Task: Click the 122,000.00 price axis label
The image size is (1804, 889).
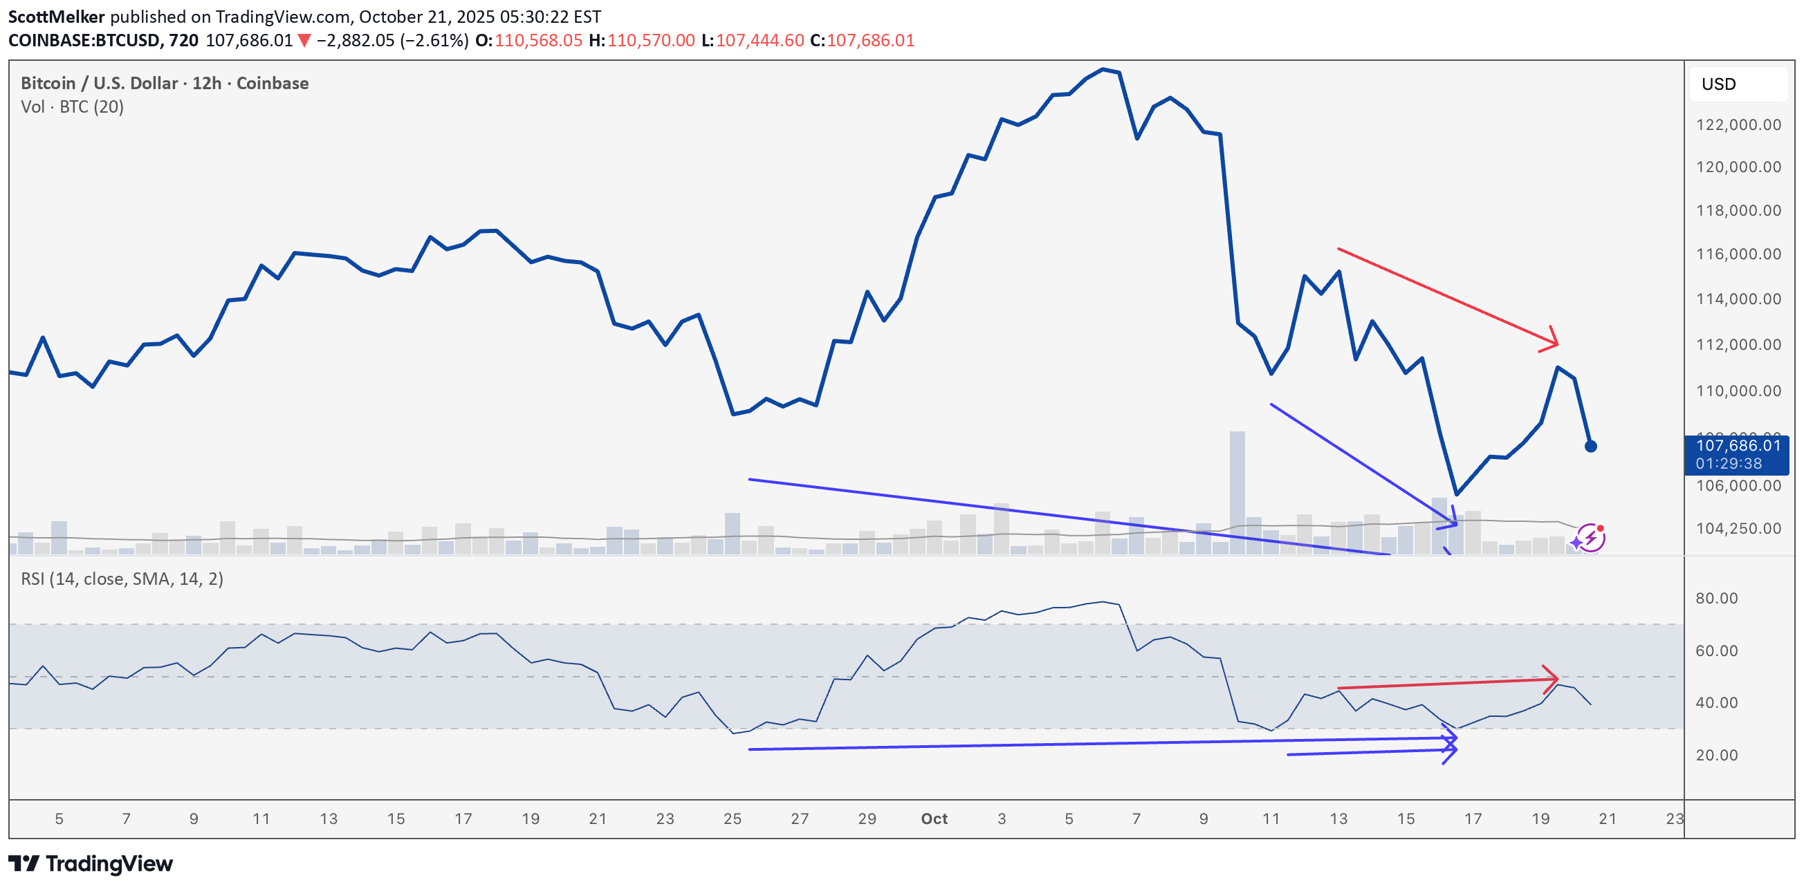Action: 1738,124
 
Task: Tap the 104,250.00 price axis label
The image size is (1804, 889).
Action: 1738,529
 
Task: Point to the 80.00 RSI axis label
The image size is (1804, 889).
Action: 1715,599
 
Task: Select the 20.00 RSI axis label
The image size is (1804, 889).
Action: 1715,756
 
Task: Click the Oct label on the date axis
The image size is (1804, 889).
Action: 934,818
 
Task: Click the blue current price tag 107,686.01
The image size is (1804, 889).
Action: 1736,454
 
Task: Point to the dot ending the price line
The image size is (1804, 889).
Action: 1590,446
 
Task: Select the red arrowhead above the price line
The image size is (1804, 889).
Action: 1552,339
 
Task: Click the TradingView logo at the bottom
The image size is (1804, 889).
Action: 91,864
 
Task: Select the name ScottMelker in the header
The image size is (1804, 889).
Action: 56,17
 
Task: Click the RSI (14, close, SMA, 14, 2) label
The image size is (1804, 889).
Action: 122,579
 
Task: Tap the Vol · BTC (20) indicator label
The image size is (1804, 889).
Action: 72,106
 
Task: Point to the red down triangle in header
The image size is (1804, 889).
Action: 304,41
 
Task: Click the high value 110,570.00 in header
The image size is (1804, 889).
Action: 651,41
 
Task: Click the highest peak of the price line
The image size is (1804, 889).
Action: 1103,69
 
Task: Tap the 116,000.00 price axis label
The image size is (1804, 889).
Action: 1738,254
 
